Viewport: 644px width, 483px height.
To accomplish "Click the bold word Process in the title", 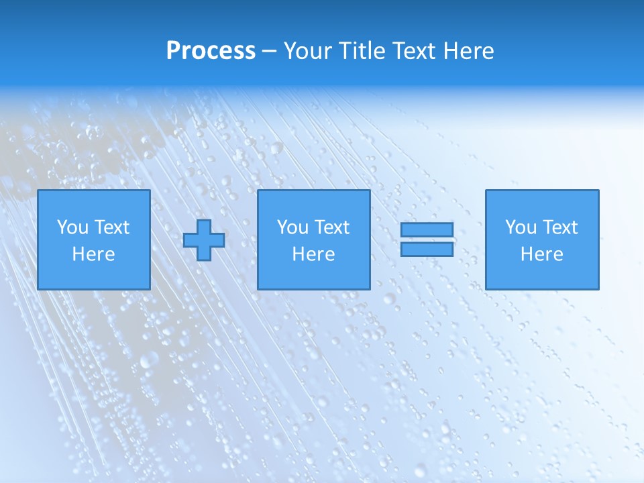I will coord(211,51).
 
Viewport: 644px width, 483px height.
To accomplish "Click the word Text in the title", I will coord(411,51).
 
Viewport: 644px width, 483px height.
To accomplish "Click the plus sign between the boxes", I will coord(204,239).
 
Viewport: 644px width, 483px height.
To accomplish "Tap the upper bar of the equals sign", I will coord(427,230).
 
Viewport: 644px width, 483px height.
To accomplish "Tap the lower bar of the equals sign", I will coord(427,249).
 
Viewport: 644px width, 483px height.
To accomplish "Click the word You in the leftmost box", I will coord(72,227).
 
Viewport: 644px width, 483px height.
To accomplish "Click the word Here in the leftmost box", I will coord(93,254).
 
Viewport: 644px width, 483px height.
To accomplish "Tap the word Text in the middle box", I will coord(332,227).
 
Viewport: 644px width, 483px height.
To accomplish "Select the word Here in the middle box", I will coord(313,254).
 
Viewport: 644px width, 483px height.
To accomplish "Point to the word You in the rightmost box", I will coord(521,227).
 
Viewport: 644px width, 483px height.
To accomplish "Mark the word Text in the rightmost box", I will coord(560,227).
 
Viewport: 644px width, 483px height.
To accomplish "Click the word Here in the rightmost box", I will coord(541,254).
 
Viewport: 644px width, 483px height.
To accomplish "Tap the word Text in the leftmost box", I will coord(112,227).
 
